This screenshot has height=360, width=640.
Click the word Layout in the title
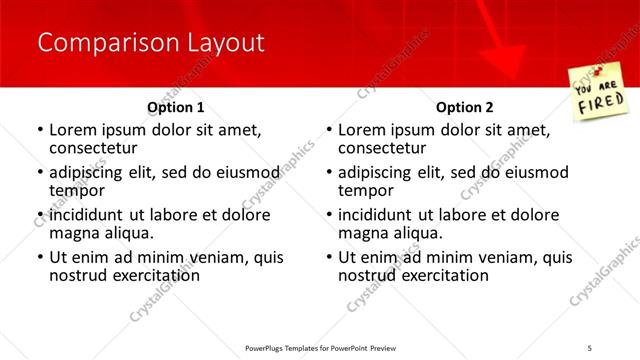pos(227,43)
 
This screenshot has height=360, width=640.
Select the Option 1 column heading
pos(176,106)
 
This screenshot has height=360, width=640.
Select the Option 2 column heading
pos(465,106)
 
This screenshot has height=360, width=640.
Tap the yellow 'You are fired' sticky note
pos(599,91)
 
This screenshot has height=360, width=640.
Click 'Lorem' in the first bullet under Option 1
pos(74,130)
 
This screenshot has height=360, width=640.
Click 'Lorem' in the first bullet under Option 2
pos(363,130)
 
